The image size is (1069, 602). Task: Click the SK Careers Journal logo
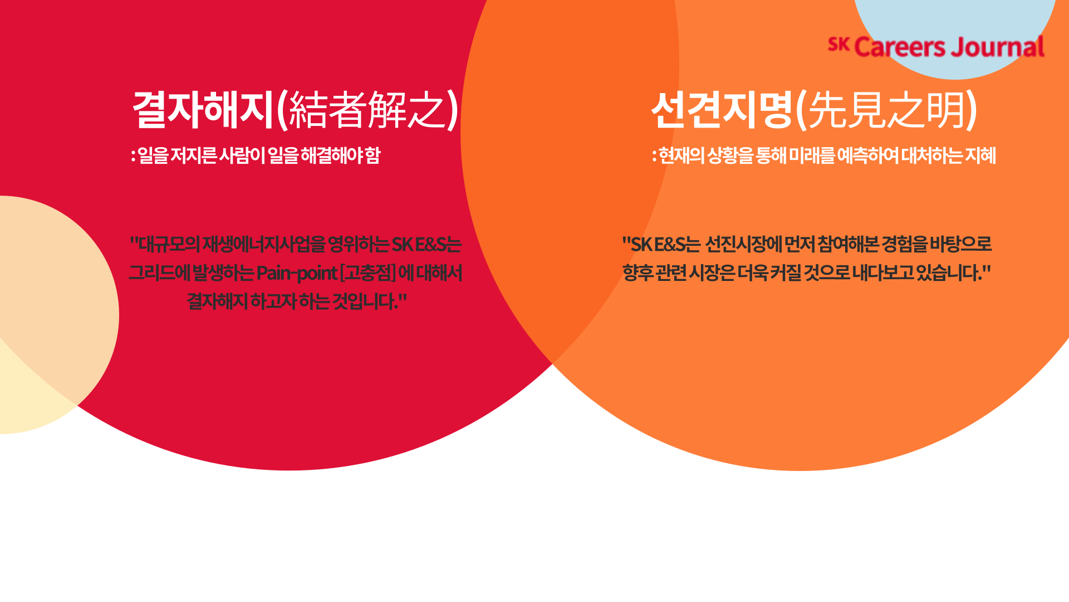click(936, 47)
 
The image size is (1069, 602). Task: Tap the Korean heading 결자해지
click(204, 109)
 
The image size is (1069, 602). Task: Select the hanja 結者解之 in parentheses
click(368, 109)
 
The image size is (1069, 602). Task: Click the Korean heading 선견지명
click(722, 109)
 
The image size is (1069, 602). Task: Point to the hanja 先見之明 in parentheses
click(886, 109)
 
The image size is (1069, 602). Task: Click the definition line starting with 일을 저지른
click(256, 155)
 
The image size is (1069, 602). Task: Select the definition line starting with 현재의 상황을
click(824, 155)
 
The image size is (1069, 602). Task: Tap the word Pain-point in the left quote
click(297, 273)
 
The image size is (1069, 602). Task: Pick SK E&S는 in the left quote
click(426, 244)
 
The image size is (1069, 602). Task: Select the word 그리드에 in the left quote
click(159, 273)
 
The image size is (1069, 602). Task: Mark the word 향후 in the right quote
click(638, 273)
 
